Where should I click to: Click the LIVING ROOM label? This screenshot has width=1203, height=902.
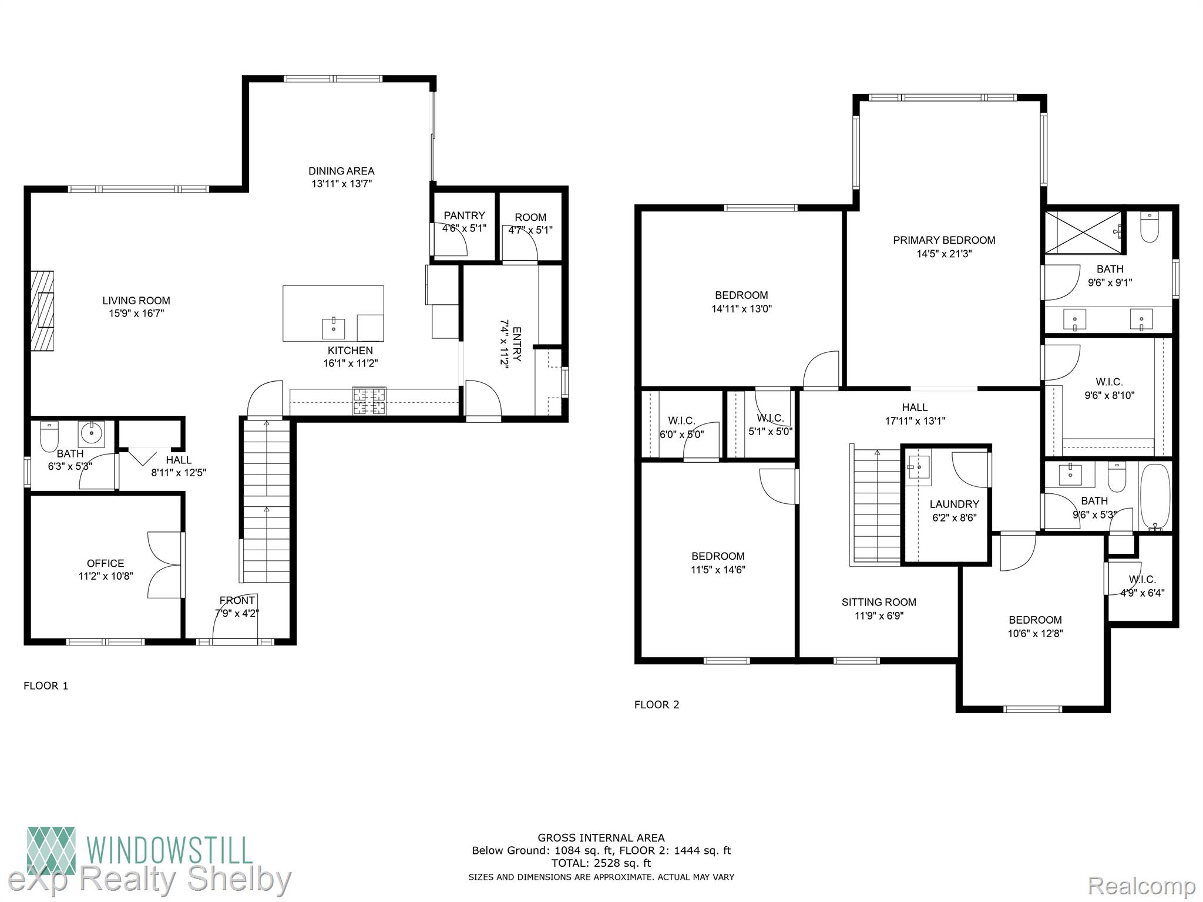point(136,301)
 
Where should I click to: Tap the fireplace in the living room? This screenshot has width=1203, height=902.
point(42,311)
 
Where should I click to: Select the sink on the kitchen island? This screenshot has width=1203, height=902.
point(334,329)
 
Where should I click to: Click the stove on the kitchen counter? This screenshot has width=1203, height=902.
point(369,401)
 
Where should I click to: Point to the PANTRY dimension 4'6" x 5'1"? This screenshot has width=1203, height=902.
point(464,228)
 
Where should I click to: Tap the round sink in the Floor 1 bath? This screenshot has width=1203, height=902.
point(92,434)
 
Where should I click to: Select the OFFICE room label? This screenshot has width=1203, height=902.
point(105,563)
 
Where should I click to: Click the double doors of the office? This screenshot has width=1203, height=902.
point(164,565)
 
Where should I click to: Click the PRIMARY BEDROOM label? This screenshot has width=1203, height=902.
point(944,240)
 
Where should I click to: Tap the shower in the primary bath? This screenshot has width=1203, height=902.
point(1083,233)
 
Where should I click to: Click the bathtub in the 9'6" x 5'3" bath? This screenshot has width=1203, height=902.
point(1155,497)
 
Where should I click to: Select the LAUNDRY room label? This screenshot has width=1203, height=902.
point(955,504)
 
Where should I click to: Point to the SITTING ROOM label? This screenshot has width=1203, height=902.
point(879,602)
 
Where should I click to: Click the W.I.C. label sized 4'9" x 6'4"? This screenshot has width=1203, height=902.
point(1142,580)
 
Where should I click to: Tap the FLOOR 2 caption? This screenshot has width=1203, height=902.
point(657,705)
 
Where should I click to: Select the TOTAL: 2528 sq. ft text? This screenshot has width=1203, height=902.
point(601,863)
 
